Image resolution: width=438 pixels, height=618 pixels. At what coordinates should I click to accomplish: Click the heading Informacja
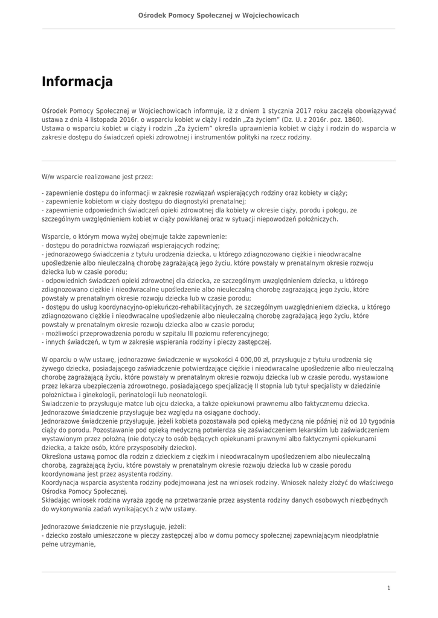pos(77,81)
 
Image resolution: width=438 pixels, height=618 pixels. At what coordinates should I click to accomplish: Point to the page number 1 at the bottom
pos(389,588)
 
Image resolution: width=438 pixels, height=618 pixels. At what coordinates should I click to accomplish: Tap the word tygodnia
pos(378,421)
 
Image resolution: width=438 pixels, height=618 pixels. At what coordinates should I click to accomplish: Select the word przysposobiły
pos(146,448)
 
